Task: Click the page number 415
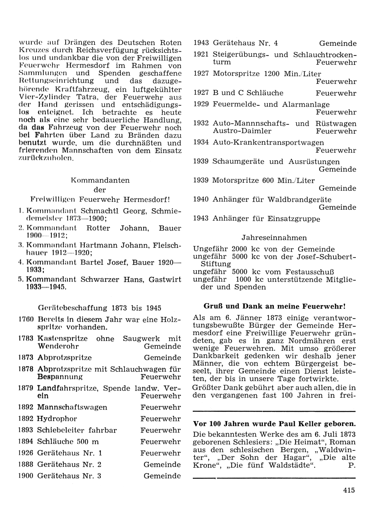coord(348,490)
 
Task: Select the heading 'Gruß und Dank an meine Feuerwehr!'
coord(274,306)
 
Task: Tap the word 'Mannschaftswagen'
coord(72,407)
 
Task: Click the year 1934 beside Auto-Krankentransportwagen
coord(201,143)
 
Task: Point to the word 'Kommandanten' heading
coord(100,180)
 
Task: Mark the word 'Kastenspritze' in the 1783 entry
coord(63,338)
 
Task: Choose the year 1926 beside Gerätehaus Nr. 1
coord(26,453)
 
